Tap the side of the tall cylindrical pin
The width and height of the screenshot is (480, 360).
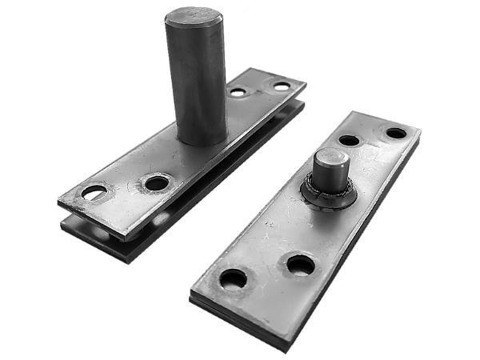[196, 80]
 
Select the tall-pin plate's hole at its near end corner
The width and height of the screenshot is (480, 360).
[95, 193]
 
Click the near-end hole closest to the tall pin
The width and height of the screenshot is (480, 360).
[157, 183]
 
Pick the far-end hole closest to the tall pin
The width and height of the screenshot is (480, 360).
[238, 92]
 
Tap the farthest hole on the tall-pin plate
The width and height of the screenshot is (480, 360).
[282, 85]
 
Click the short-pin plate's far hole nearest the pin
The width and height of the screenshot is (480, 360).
[349, 141]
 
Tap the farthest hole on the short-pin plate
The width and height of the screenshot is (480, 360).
[396, 134]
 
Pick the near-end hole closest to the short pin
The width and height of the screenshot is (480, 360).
[300, 263]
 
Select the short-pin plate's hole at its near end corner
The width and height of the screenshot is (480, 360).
[234, 279]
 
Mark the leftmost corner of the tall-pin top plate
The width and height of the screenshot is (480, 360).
[58, 197]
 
